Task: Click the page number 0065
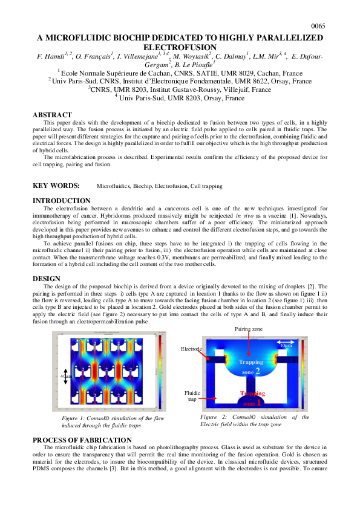coord(318,26)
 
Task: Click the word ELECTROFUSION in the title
coord(180,47)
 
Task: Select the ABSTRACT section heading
coord(52,115)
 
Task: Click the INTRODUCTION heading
coord(62,201)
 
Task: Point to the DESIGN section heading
coord(47,279)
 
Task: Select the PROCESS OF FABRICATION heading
coord(82,440)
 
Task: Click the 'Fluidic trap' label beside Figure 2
coord(192,396)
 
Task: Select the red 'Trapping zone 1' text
coord(252,398)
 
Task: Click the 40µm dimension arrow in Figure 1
coord(67,375)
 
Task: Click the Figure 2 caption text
coord(254,421)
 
